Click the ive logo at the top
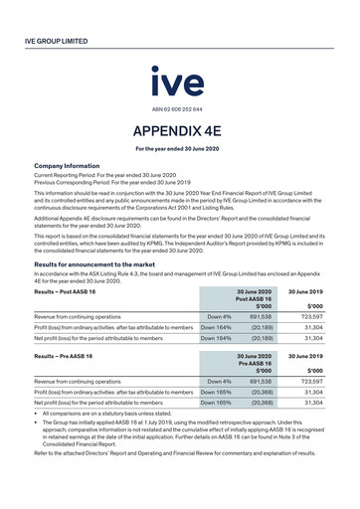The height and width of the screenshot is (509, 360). tap(179, 82)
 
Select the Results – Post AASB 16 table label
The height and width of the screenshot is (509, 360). tap(66, 292)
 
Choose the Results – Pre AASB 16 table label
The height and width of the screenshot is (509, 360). tap(65, 355)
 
